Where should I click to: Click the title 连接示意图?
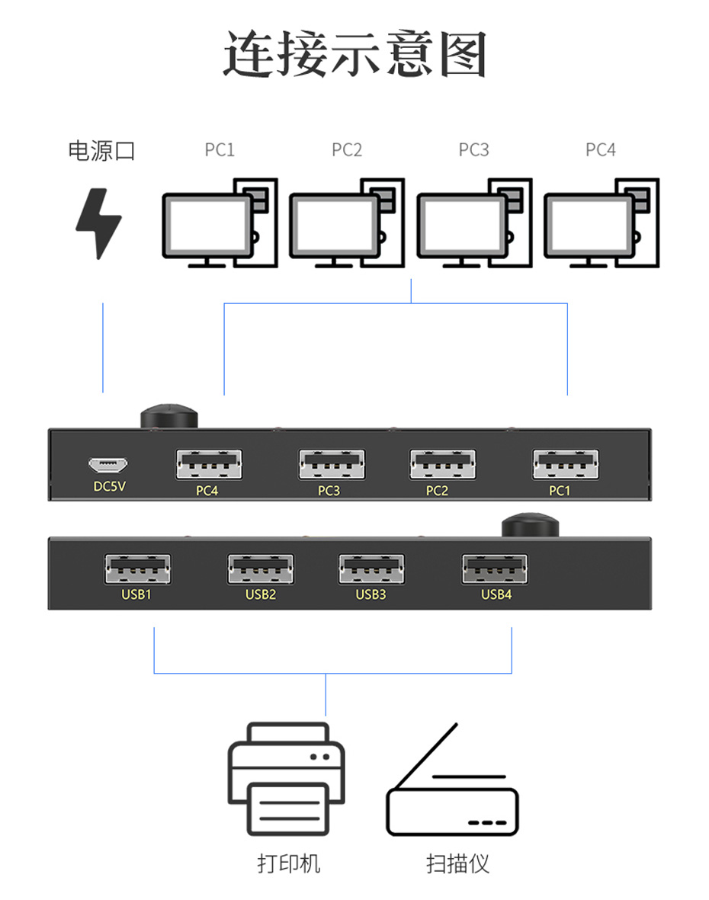(354, 55)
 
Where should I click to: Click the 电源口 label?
(101, 150)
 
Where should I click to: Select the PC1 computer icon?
(220, 223)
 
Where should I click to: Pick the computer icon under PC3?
(473, 223)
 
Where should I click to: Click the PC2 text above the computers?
(347, 150)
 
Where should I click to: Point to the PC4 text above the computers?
(601, 150)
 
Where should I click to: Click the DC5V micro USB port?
(108, 464)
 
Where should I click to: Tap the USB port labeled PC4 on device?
(208, 464)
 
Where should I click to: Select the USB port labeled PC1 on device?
(565, 464)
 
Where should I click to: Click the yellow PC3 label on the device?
(329, 491)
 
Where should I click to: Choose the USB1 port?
(137, 569)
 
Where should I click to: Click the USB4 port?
(494, 569)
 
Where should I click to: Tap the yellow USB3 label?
(371, 594)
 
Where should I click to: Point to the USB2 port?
(260, 569)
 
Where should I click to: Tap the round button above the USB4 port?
(531, 526)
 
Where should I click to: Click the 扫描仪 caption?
(457, 863)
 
